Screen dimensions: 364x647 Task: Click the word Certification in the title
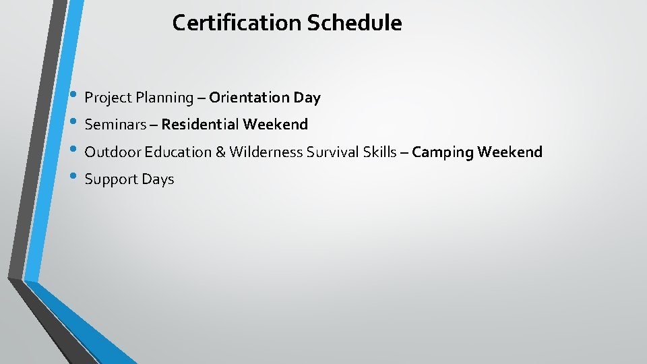(237, 23)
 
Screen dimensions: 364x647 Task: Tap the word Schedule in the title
(355, 23)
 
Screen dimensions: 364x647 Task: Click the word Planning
(164, 98)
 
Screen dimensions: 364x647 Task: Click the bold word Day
(307, 98)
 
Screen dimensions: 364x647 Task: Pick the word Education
(177, 152)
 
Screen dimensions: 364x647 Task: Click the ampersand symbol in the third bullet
(220, 152)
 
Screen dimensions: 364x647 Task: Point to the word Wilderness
(266, 152)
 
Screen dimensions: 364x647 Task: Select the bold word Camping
(442, 152)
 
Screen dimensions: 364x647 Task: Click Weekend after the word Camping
(510, 152)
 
